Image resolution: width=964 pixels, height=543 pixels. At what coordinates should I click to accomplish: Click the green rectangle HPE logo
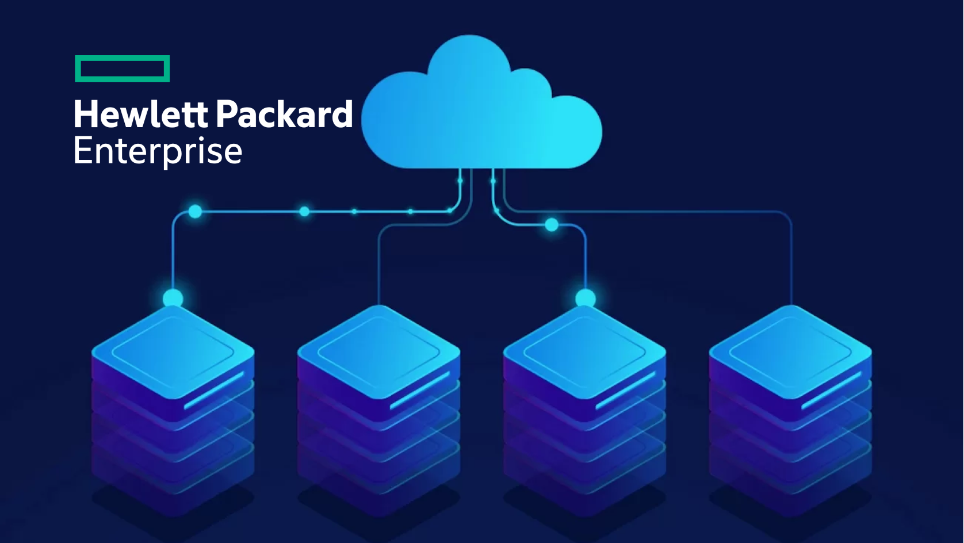[122, 69]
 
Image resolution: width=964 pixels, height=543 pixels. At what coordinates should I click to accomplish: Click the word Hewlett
[140, 114]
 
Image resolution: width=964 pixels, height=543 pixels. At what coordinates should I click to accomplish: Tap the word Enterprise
[158, 151]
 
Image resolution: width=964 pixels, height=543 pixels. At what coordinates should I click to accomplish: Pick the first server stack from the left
[173, 403]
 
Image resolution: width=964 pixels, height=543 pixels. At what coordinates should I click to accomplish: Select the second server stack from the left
[378, 403]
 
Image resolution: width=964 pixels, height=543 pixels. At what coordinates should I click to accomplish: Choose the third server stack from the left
[584, 403]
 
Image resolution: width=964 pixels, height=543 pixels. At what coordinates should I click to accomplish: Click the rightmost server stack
[790, 403]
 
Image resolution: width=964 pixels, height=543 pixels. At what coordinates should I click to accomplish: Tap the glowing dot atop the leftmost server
[173, 299]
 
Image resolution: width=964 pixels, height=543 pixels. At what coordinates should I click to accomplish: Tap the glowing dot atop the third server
[586, 298]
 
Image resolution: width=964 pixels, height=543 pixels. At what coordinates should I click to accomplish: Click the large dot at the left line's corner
[196, 212]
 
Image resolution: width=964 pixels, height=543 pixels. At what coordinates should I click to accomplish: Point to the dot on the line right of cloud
[552, 225]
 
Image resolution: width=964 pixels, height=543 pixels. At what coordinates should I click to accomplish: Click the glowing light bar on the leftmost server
[214, 390]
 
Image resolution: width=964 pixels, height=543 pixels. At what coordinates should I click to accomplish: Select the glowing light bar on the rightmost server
[831, 390]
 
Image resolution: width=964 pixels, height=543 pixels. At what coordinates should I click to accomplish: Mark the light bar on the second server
[420, 390]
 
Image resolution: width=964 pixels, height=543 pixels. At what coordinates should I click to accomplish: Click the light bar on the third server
[626, 390]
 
